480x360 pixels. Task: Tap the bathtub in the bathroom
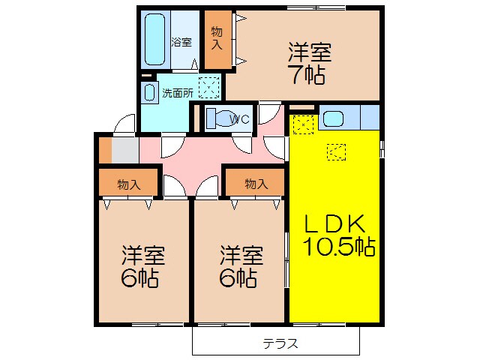coord(155,38)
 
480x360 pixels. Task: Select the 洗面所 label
coord(178,93)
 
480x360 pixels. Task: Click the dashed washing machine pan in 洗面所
coord(209,88)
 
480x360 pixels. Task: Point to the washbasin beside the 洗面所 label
coord(148,93)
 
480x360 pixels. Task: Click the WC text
coord(239,118)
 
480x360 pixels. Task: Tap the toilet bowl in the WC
coord(213,118)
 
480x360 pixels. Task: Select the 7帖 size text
coord(308,75)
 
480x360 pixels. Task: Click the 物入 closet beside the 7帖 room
coord(216,39)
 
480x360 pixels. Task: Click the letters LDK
coord(334,223)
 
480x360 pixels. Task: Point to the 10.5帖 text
coord(339,246)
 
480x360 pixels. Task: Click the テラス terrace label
coord(280,343)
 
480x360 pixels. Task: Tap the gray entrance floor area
coord(125,150)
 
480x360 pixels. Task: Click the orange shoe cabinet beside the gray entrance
coord(105,150)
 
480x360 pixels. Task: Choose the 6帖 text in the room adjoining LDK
coord(241,268)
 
